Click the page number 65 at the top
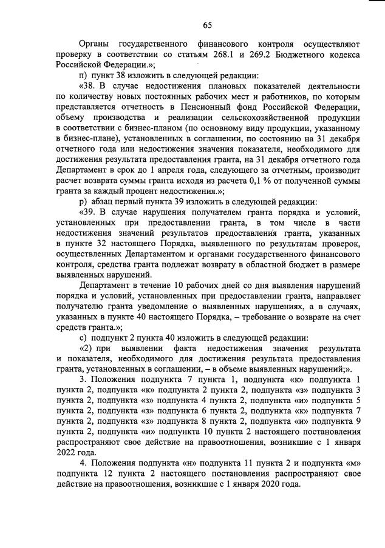206,25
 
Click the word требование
258,316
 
